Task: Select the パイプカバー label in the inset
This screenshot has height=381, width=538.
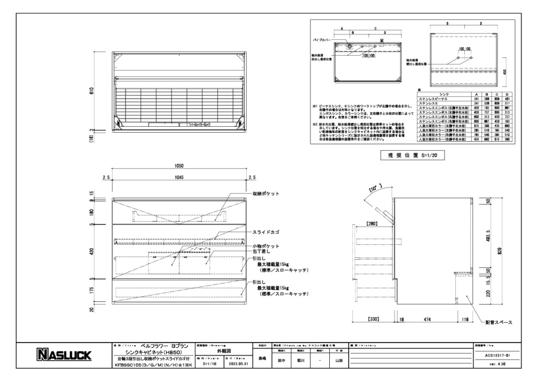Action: [x=323, y=38]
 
